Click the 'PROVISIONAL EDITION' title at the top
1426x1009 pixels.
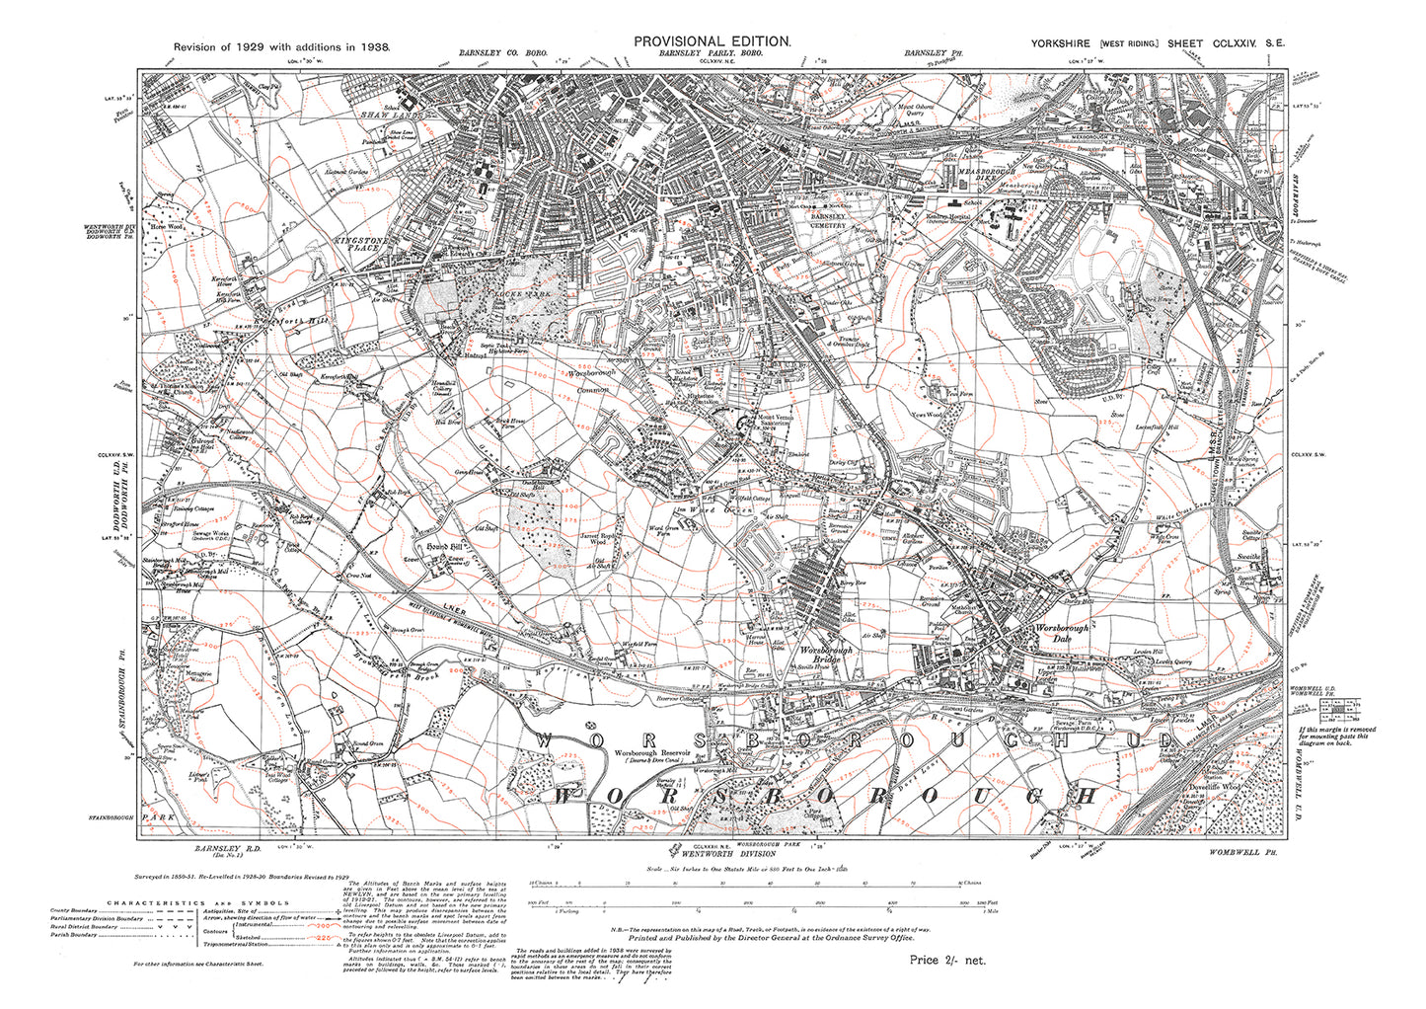pyautogui.click(x=712, y=40)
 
